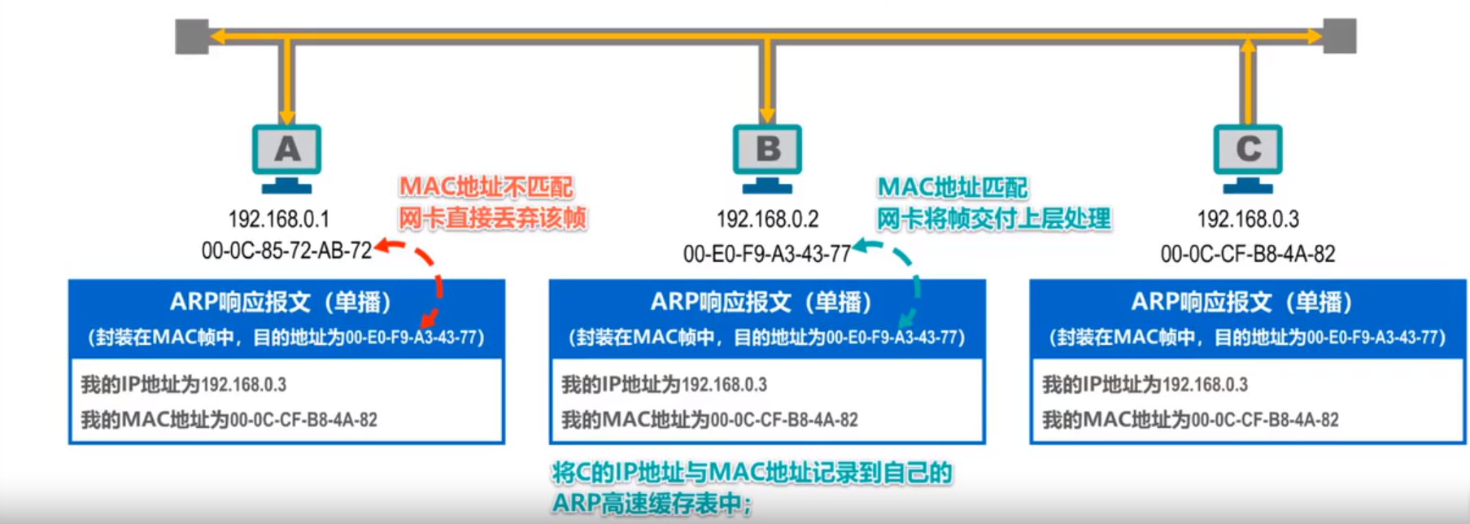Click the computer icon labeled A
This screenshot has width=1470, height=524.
(x=286, y=155)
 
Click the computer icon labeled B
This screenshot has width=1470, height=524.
(x=767, y=155)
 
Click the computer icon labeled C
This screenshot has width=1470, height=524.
(x=1248, y=155)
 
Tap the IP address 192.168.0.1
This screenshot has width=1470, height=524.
(x=278, y=219)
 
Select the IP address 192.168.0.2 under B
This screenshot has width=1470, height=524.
(x=767, y=219)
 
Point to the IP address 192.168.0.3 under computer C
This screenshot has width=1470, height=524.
(x=1248, y=219)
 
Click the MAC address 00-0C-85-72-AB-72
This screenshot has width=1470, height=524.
(x=286, y=251)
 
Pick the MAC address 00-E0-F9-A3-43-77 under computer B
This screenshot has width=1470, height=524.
(x=766, y=254)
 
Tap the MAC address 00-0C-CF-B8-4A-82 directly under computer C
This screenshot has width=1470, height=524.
(x=1248, y=254)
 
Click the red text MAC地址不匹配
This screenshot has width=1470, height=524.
(x=486, y=187)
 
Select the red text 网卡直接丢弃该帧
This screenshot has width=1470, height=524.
(x=492, y=218)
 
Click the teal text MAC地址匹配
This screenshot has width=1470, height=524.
(x=952, y=188)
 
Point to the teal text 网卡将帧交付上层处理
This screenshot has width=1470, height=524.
(x=993, y=218)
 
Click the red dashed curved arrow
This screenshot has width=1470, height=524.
(x=436, y=281)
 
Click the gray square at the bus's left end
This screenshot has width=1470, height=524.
(x=192, y=37)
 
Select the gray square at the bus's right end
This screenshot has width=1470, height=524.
(x=1339, y=37)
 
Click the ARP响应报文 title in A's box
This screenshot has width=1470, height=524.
(x=281, y=303)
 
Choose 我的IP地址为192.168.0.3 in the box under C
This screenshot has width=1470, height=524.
(x=1145, y=384)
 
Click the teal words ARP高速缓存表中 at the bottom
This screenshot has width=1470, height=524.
(x=651, y=504)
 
